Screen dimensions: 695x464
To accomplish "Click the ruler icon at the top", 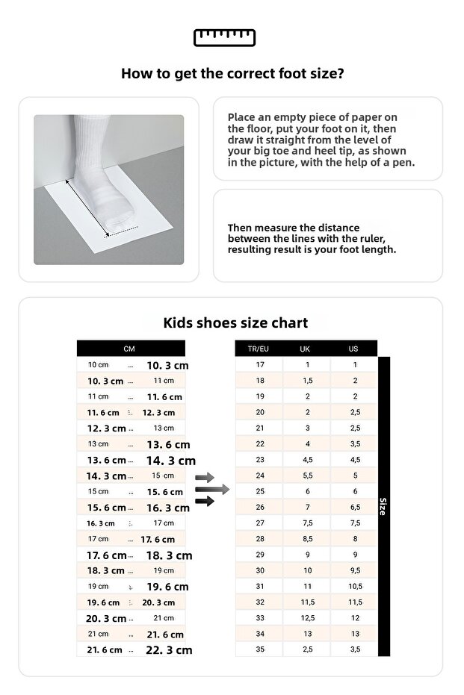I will [x=224, y=37].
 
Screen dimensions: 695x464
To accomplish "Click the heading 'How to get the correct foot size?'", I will [x=232, y=74].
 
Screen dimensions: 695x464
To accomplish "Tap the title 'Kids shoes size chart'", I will [x=235, y=323].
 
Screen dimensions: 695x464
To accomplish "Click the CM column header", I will [x=130, y=349].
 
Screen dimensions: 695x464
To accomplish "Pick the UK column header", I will [x=306, y=349].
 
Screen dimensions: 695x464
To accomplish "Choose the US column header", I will [x=353, y=349].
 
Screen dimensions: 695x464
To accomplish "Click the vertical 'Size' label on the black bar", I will [x=384, y=506].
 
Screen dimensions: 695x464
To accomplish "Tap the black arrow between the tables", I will [x=205, y=501].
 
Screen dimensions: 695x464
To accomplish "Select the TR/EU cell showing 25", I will [x=259, y=491].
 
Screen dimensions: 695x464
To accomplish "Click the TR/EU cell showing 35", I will [x=259, y=649].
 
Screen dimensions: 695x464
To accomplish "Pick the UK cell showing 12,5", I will [x=306, y=617].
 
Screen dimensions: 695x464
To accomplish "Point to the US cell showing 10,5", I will [x=354, y=586].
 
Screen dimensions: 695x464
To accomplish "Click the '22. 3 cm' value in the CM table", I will [x=169, y=650].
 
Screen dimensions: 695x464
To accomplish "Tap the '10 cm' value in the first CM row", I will [x=99, y=365].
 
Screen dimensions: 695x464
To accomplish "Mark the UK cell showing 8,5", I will [x=306, y=538].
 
